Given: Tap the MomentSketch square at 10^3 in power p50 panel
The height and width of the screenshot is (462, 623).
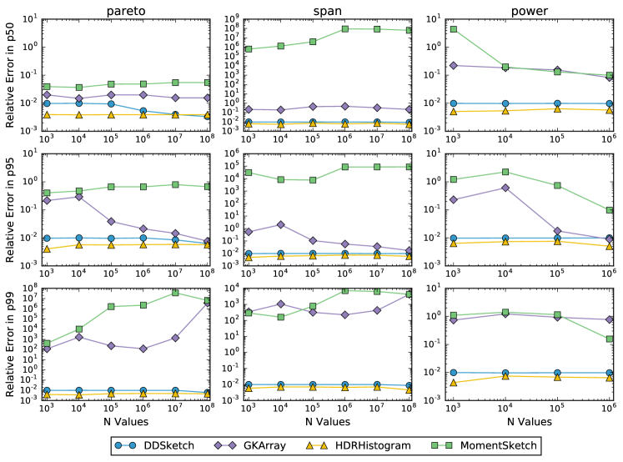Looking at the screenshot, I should (453, 29).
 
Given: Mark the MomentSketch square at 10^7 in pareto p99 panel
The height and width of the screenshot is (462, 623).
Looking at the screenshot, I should (175, 293).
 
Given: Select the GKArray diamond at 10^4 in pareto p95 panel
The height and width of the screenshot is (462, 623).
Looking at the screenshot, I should (79, 196).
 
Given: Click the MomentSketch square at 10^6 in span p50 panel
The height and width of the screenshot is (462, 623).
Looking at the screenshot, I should (344, 28).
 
